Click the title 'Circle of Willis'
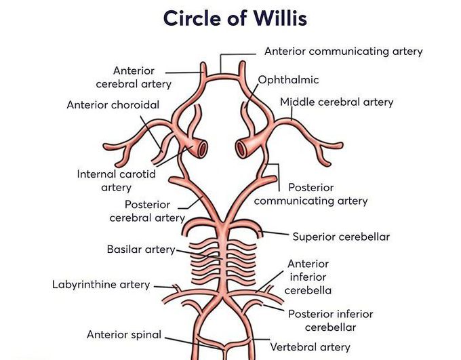click(x=235, y=18)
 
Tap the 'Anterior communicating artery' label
click(x=343, y=52)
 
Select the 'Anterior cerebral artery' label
click(x=134, y=77)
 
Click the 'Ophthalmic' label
click(x=288, y=80)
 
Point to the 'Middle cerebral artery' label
click(x=337, y=102)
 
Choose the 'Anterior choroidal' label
click(x=113, y=105)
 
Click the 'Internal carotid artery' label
click(x=116, y=180)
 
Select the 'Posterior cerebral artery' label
click(x=147, y=211)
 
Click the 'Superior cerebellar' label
click(x=341, y=237)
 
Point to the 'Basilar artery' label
click(x=141, y=249)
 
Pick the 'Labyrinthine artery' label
click(x=101, y=284)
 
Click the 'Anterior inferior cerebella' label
click(x=308, y=277)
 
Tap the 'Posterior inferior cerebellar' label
click(x=330, y=320)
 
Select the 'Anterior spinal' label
click(x=124, y=334)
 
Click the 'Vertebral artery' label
click(x=310, y=347)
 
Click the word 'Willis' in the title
click(x=278, y=18)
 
